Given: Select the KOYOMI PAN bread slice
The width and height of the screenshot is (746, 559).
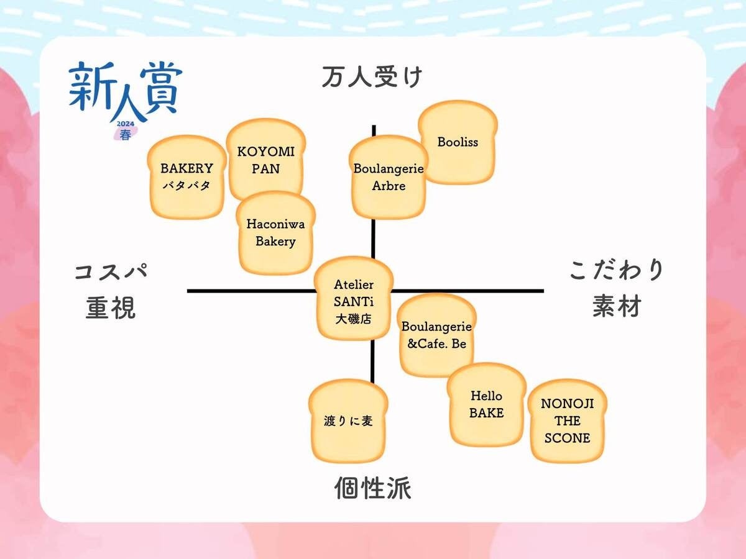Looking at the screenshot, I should point(266,160).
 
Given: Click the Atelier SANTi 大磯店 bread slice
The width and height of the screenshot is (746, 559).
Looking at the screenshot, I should point(354,299).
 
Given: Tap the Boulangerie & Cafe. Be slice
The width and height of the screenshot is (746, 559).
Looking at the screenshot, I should point(436,335).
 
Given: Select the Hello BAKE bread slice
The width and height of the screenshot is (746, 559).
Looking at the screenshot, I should point(486,405).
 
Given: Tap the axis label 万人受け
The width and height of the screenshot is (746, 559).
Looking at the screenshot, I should point(372,78).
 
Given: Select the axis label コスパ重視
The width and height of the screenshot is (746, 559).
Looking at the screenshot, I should point(111,290).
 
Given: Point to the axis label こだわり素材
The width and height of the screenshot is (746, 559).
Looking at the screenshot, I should point(617,288).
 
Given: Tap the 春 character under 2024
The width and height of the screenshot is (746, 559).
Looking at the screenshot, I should point(126,135).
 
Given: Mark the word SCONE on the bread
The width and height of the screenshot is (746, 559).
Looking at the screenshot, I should point(567,438).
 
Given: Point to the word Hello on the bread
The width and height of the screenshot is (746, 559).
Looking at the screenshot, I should point(486,396).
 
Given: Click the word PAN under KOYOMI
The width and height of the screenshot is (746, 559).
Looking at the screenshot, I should point(266,169).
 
